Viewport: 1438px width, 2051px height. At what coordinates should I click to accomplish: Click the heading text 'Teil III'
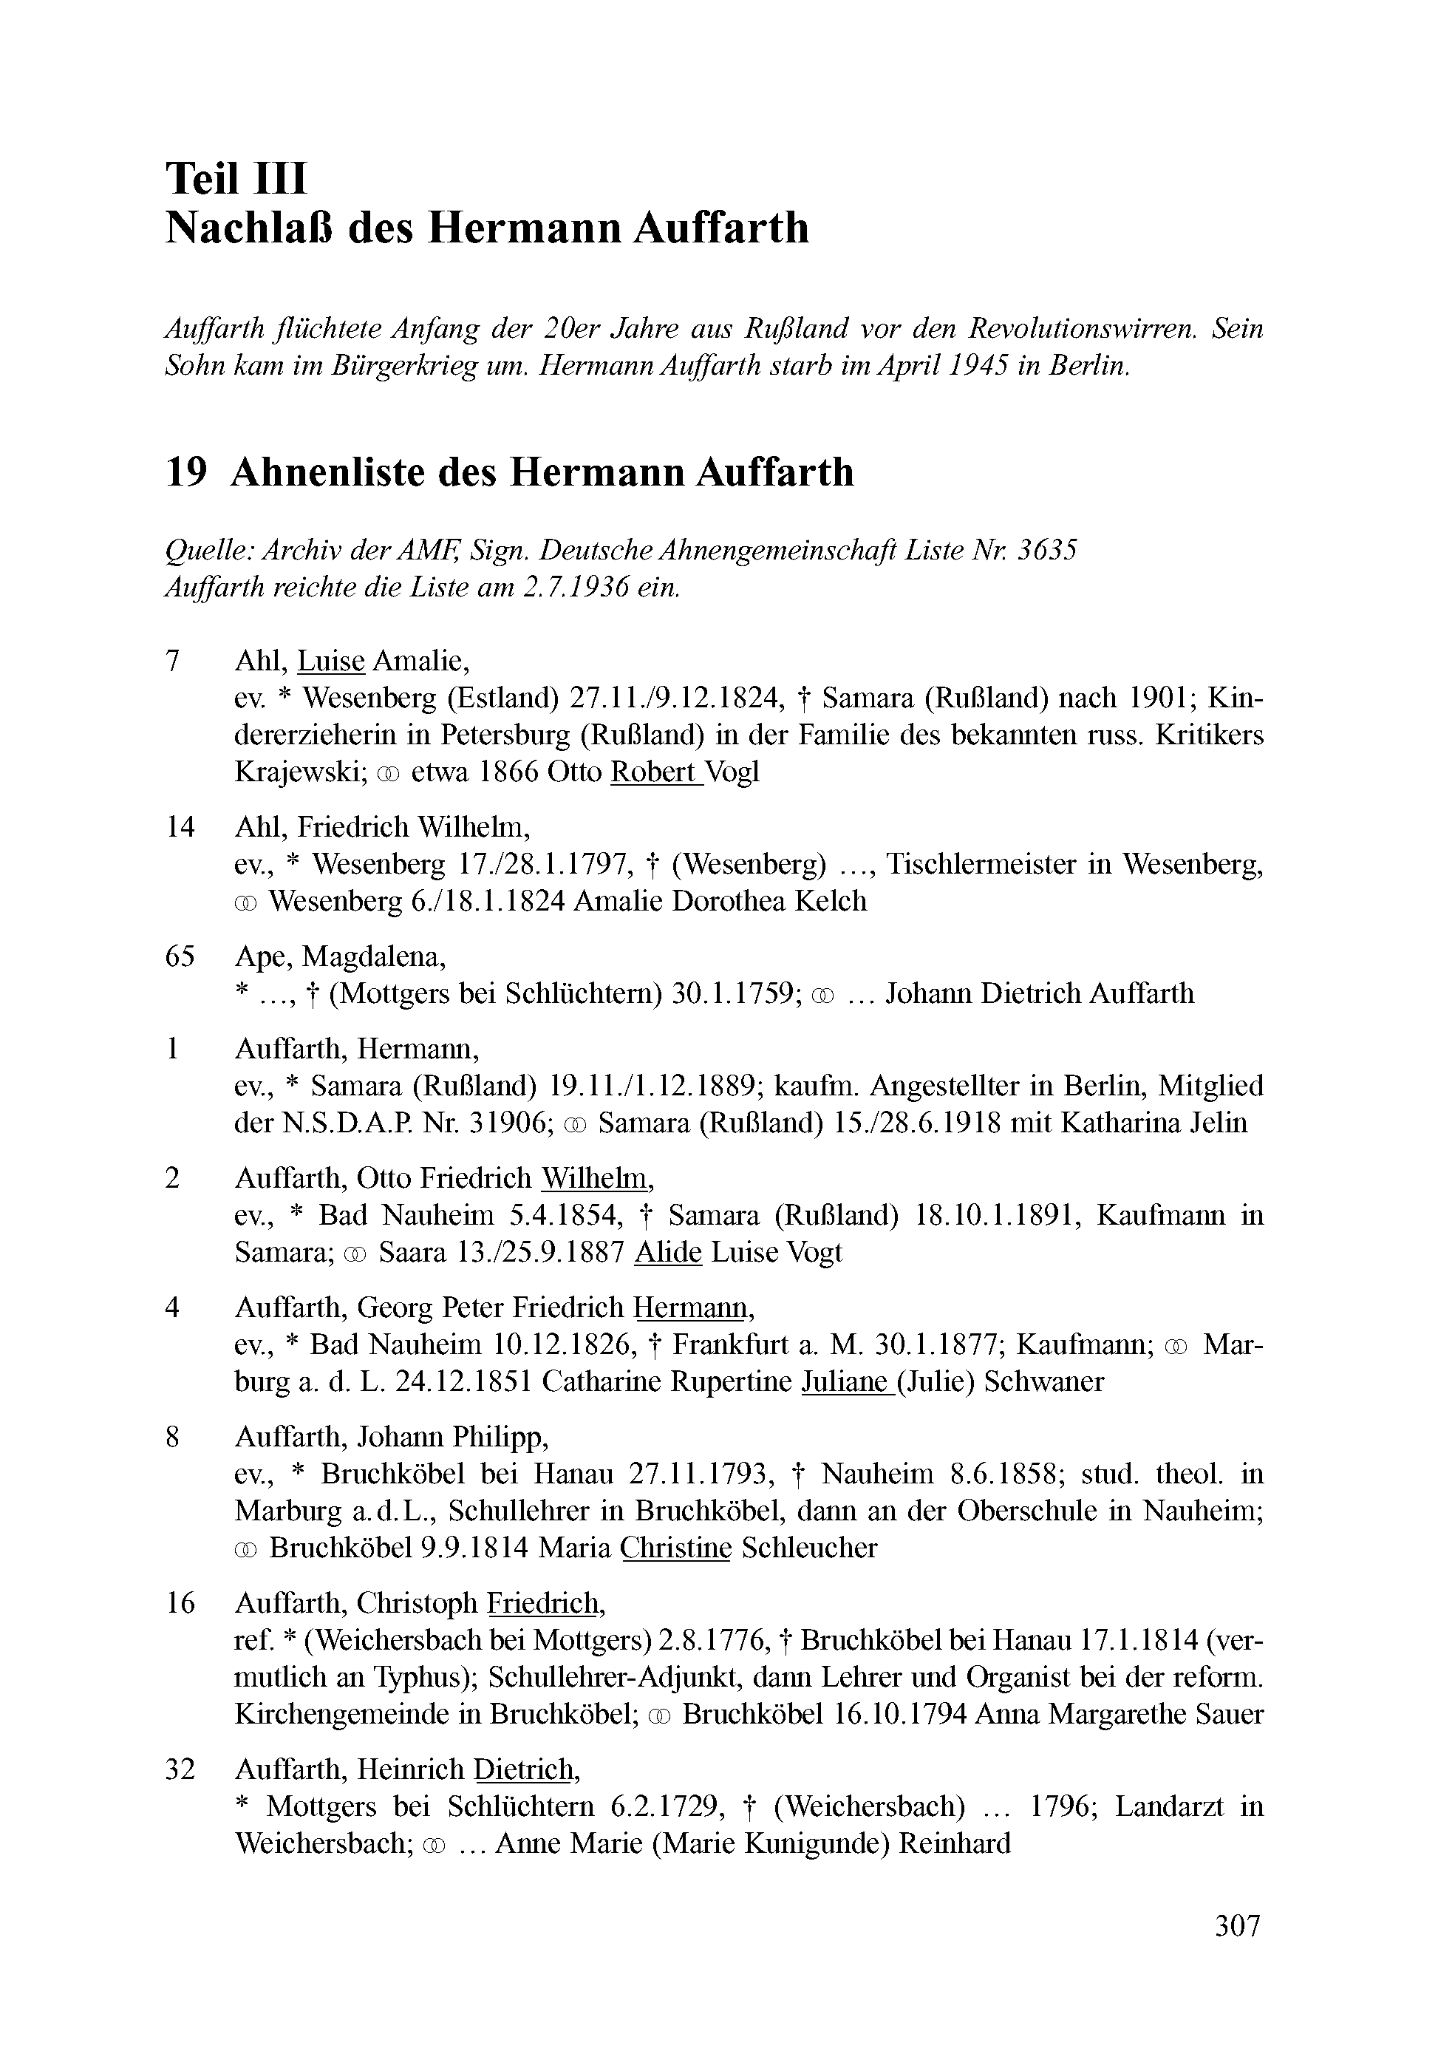point(236,178)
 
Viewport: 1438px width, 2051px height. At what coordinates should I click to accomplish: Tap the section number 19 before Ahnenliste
point(187,472)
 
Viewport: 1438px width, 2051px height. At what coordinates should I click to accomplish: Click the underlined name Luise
point(331,661)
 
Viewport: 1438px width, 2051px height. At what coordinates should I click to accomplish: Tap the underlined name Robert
point(655,772)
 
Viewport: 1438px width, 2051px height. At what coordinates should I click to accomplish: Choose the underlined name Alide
point(667,1252)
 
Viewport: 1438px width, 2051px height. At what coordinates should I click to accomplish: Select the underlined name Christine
point(675,1548)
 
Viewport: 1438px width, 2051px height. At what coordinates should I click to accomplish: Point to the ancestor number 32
point(180,1769)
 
